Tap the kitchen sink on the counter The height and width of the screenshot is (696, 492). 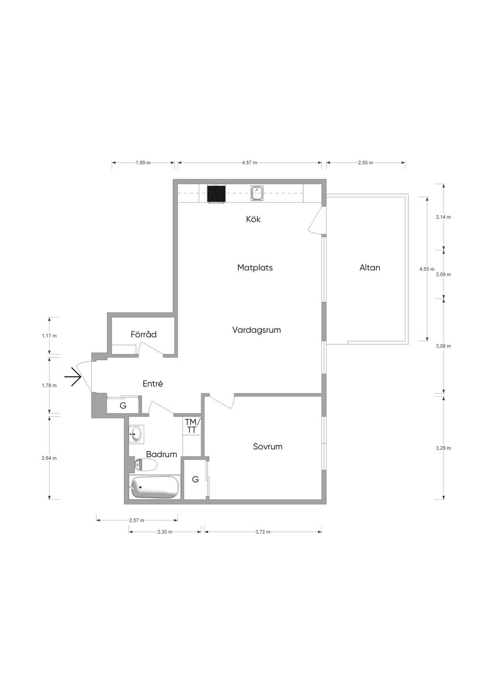click(x=257, y=193)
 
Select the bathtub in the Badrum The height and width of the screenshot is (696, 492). click(x=155, y=487)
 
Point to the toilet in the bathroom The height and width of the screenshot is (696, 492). click(x=146, y=465)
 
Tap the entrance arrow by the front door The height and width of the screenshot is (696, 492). click(x=73, y=377)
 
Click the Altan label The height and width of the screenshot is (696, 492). click(x=369, y=268)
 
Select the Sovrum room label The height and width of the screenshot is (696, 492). click(x=268, y=447)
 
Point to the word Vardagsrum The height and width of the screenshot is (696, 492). click(x=257, y=330)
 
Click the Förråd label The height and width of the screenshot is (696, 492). click(x=143, y=334)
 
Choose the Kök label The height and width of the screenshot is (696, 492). click(x=253, y=219)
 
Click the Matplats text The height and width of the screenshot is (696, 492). click(x=255, y=268)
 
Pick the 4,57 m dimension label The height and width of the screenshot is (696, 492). click(x=249, y=162)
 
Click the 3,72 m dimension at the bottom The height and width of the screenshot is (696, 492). click(x=263, y=532)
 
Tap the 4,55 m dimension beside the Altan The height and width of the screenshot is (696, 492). click(x=427, y=269)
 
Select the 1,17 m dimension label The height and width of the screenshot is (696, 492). click(x=49, y=336)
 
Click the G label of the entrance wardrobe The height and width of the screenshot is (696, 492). click(x=123, y=405)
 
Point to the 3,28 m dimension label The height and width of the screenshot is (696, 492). click(x=443, y=448)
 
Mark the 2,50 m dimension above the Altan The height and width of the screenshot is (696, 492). click(x=366, y=162)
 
